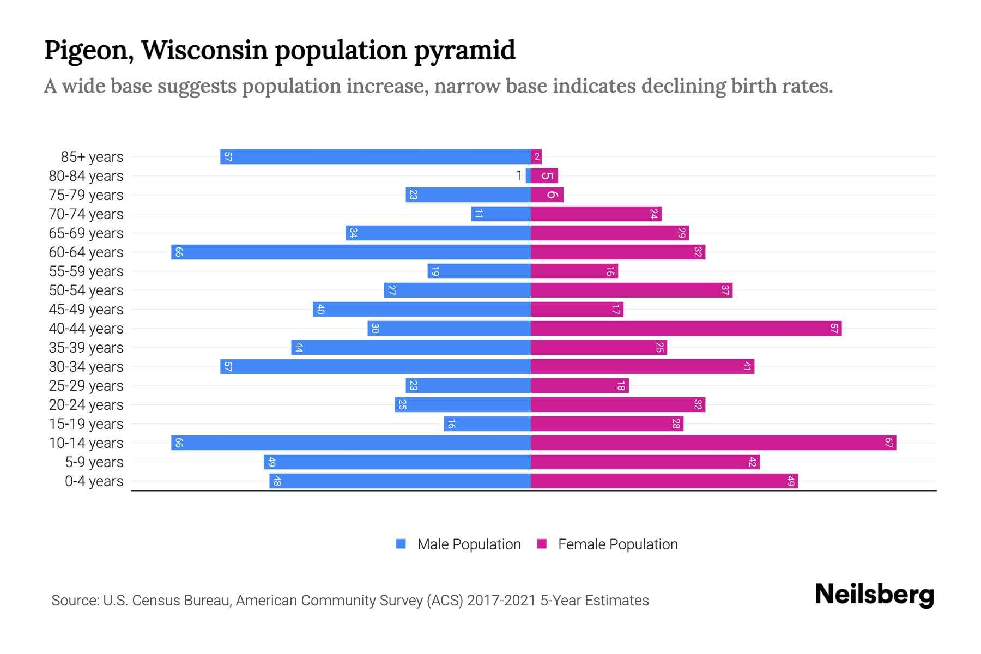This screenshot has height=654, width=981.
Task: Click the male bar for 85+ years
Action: click(x=376, y=157)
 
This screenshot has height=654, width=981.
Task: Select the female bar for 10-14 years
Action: click(x=713, y=443)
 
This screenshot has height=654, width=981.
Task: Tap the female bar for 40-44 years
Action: click(x=686, y=329)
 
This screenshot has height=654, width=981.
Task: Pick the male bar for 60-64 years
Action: click(x=351, y=252)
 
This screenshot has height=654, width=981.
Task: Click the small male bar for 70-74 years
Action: click(x=501, y=214)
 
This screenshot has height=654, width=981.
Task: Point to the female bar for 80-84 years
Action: click(x=544, y=176)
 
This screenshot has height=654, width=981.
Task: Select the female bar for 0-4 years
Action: click(x=664, y=481)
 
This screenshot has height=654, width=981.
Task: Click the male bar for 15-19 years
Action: click(x=487, y=424)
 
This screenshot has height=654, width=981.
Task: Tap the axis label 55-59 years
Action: click(x=86, y=271)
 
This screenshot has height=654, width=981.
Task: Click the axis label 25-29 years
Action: click(x=86, y=386)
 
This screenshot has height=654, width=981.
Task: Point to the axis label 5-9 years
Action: click(x=94, y=462)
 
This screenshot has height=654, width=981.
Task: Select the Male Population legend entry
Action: click(x=468, y=544)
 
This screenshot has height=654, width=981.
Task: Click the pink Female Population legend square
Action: click(x=542, y=544)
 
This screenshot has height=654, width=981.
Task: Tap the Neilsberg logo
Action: click(x=874, y=595)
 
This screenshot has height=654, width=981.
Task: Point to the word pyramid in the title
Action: click(x=464, y=51)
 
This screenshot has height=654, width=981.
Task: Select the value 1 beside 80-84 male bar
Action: click(x=519, y=175)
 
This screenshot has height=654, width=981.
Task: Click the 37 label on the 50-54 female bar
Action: click(x=725, y=290)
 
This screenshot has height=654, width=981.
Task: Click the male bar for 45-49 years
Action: click(x=422, y=310)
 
